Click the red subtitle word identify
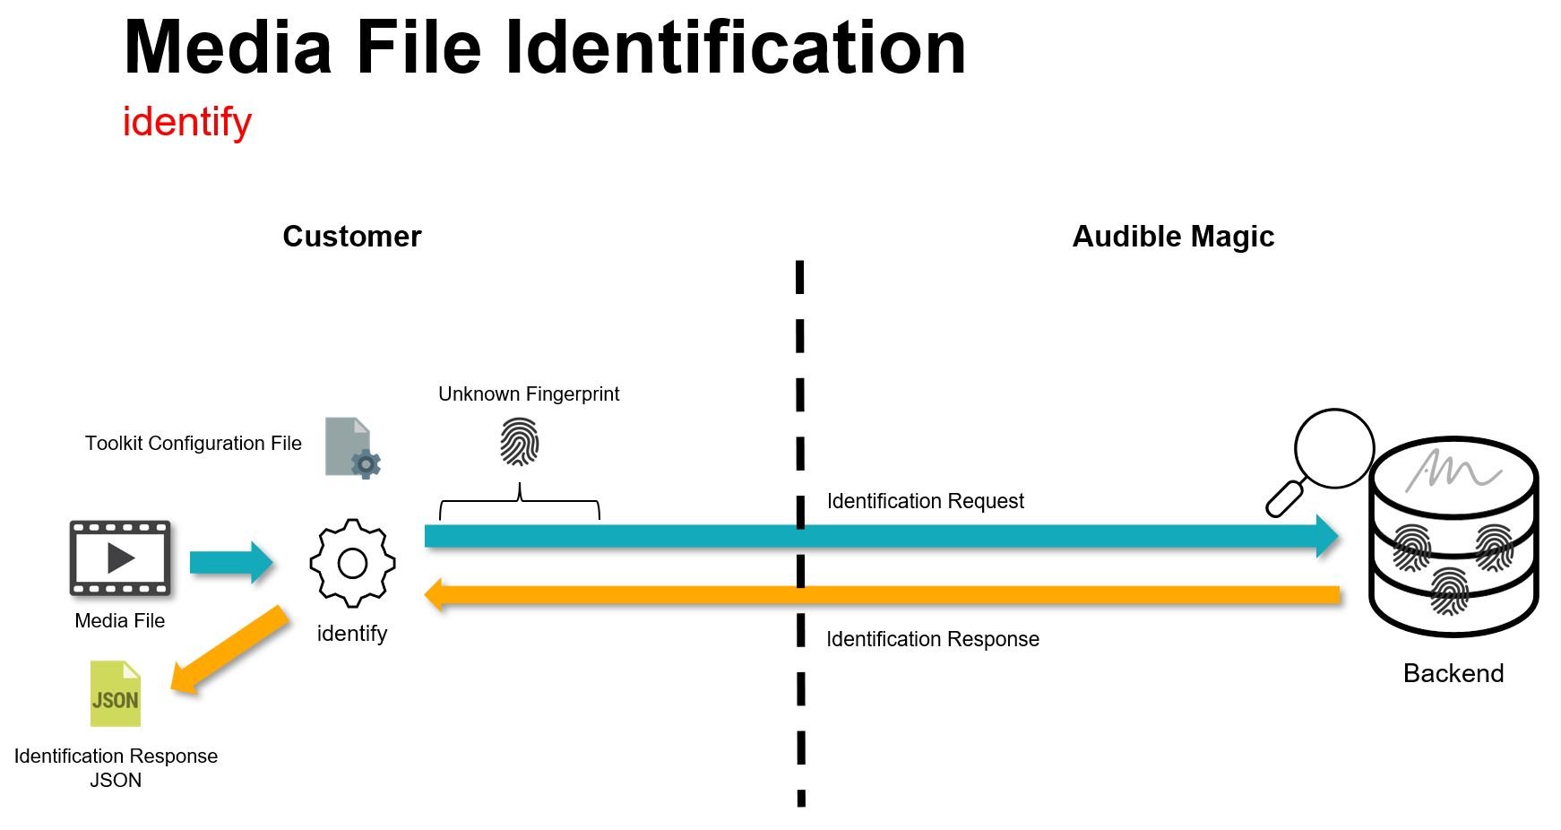pyautogui.click(x=186, y=122)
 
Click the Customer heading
pyautogui.click(x=351, y=237)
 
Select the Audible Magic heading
pyautogui.click(x=1172, y=237)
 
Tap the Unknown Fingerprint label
pyautogui.click(x=528, y=394)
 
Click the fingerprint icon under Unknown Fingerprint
pyautogui.click(x=519, y=442)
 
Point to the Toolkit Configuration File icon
pyautogui.click(x=351, y=447)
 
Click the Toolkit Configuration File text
pyautogui.click(x=193, y=444)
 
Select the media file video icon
pyautogui.click(x=120, y=558)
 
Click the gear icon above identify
pyautogui.click(x=352, y=564)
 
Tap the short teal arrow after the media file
pyautogui.click(x=231, y=563)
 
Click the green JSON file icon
pyautogui.click(x=116, y=695)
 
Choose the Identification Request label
pyautogui.click(x=925, y=501)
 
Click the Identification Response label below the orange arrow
pyautogui.click(x=932, y=639)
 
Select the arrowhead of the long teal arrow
pyautogui.click(x=1326, y=536)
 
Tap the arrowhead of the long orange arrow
pyautogui.click(x=436, y=594)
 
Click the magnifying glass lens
pyautogui.click(x=1334, y=448)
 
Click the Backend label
pyautogui.click(x=1453, y=673)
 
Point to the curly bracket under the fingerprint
pyautogui.click(x=520, y=505)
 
